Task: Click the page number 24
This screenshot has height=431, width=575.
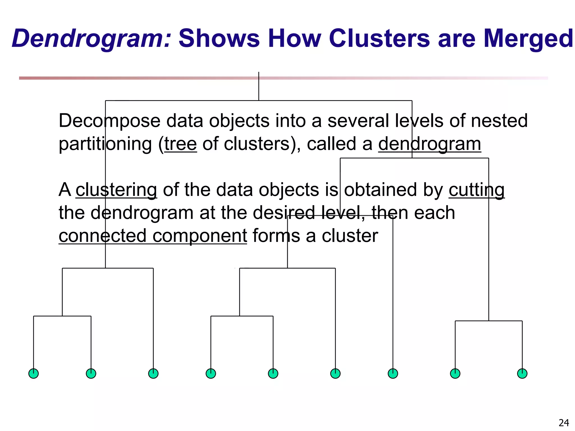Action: (x=564, y=423)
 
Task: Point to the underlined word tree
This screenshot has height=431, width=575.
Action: (x=181, y=144)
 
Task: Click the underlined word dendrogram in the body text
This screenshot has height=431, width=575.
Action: (x=430, y=144)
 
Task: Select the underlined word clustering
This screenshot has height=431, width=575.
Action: (x=116, y=190)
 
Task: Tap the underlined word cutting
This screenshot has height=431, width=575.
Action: (x=476, y=190)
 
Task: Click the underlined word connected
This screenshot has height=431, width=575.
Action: (x=102, y=235)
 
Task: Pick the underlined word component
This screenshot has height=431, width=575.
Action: (x=200, y=235)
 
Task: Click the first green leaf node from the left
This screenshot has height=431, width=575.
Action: (x=34, y=373)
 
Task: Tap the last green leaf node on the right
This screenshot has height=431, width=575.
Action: (x=522, y=373)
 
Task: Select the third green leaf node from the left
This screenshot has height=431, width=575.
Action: (x=153, y=373)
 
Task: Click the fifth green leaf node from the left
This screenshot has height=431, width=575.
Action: (x=273, y=373)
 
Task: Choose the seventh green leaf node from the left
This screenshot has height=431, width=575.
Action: (x=393, y=373)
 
